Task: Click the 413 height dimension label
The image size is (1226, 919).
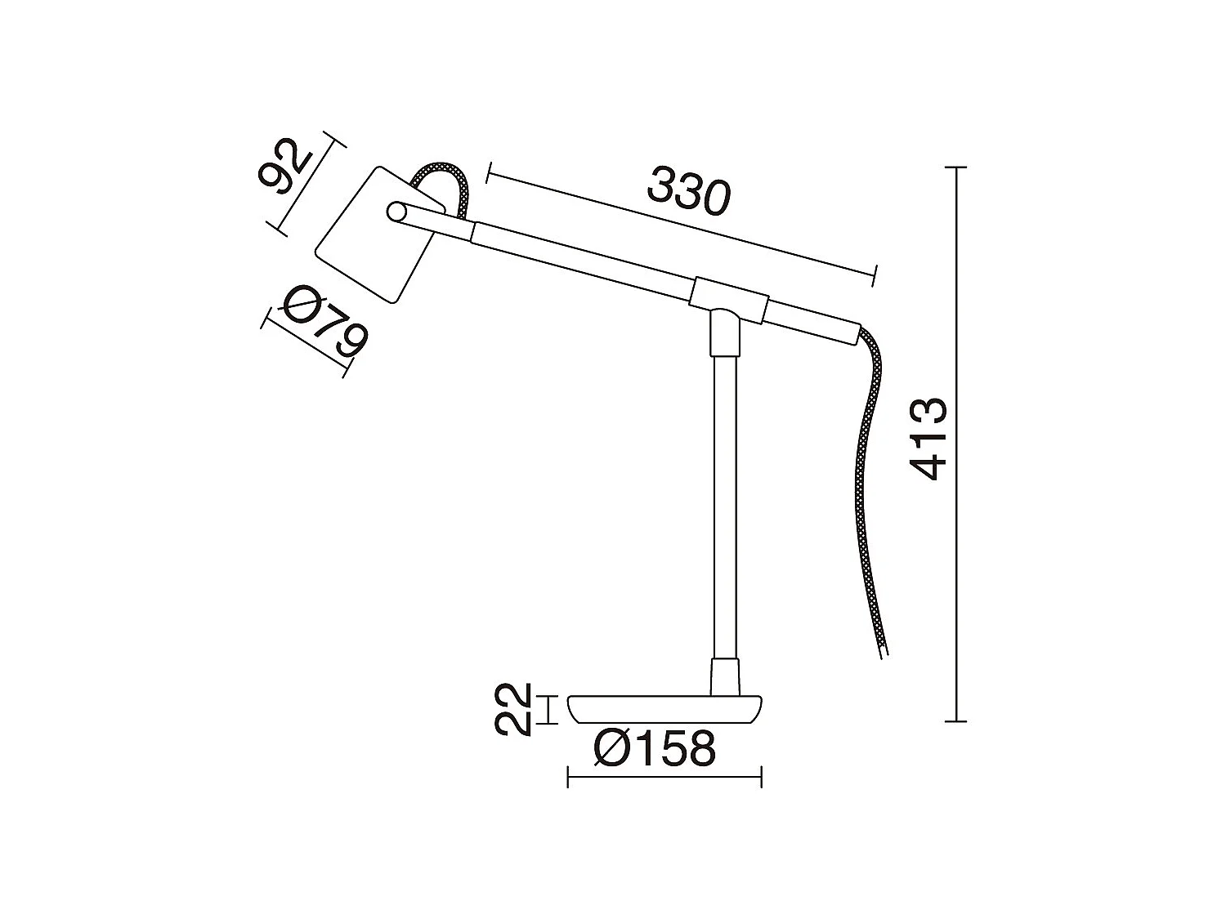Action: coord(931,439)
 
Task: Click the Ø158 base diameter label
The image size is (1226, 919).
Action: coord(655,748)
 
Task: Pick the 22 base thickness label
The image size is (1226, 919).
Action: coord(513,709)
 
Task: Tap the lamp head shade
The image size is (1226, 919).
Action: coord(368,241)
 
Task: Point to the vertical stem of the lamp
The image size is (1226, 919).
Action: coord(725,506)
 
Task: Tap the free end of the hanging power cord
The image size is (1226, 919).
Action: coord(883,649)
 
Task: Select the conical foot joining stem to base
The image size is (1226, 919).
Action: coord(726,677)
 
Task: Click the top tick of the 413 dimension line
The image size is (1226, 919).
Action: coord(955,167)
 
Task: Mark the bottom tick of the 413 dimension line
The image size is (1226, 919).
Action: coord(955,721)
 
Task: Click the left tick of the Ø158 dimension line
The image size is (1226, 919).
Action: coord(568,777)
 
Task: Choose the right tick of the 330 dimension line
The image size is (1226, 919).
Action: coord(875,275)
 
